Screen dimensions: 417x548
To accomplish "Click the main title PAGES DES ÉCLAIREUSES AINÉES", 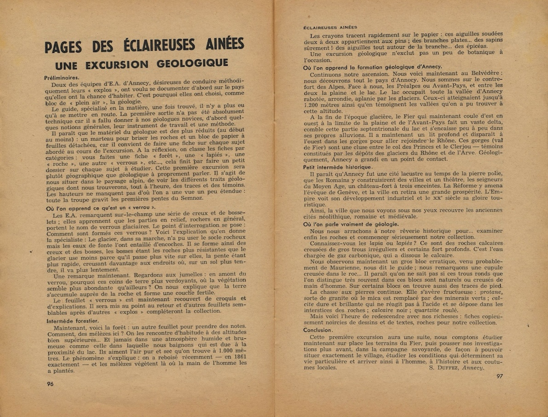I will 144,46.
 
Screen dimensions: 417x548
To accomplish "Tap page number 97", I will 500,376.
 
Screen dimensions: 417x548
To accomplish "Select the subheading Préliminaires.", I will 62,78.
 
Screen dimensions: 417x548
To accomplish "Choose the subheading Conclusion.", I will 317,330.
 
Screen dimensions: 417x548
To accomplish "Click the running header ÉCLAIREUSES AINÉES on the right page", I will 330,27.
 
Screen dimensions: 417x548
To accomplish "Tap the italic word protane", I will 479,292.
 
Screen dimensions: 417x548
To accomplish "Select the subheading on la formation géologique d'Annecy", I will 373,67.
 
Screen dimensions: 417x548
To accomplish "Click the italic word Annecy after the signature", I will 473,368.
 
